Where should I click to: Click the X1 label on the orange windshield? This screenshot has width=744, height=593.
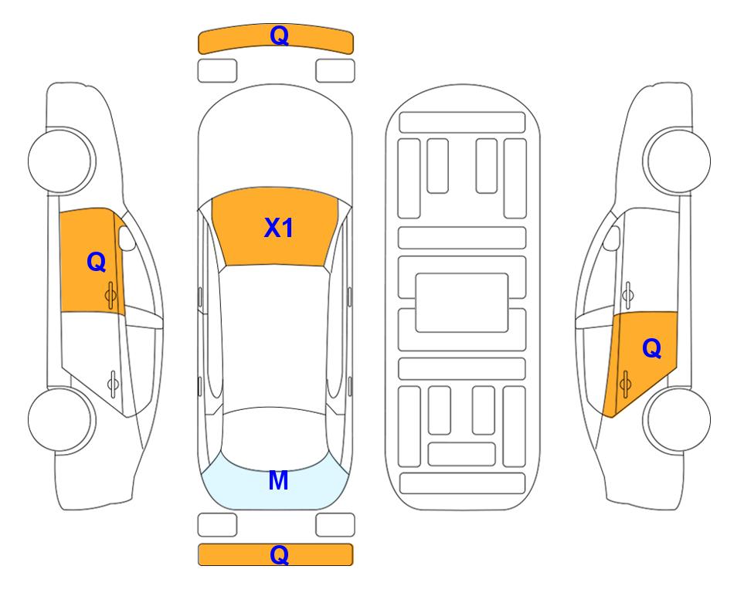(x=279, y=228)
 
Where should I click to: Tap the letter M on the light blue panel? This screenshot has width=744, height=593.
(x=278, y=480)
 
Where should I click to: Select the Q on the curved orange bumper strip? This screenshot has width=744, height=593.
(x=279, y=36)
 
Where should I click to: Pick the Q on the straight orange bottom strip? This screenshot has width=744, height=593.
(x=279, y=554)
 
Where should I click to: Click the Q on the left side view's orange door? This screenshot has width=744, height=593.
(x=97, y=262)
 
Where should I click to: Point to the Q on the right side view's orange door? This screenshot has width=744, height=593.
(x=651, y=349)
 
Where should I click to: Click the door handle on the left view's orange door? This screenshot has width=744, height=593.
(x=111, y=295)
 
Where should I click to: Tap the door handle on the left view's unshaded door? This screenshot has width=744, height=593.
(x=113, y=383)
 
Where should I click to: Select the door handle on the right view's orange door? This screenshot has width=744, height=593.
(x=625, y=385)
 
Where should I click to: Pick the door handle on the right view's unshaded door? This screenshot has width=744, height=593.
(x=627, y=295)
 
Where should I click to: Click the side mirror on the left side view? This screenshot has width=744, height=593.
(x=126, y=238)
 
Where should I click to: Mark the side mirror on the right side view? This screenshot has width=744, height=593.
(x=612, y=238)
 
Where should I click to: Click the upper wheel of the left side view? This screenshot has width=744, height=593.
(x=62, y=161)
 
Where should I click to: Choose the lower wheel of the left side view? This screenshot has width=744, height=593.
(x=62, y=419)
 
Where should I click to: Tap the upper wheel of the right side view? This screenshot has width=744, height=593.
(x=677, y=161)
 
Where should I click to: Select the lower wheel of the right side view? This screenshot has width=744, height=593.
(x=677, y=419)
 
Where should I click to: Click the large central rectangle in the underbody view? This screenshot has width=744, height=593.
(x=462, y=303)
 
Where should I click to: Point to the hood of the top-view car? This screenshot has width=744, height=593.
(x=275, y=142)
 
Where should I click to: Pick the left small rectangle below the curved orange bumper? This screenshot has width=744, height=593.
(x=217, y=71)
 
